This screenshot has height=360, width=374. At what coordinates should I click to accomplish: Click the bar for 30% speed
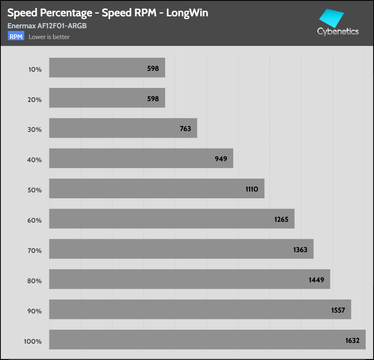click(x=123, y=128)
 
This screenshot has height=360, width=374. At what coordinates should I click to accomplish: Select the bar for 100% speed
click(x=207, y=340)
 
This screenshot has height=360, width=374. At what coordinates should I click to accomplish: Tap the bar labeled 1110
click(x=157, y=188)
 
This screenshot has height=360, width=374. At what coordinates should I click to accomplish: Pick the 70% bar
click(x=181, y=249)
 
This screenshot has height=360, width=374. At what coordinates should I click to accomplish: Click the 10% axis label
click(x=35, y=69)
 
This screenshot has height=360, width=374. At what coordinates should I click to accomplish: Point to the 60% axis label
click(x=35, y=220)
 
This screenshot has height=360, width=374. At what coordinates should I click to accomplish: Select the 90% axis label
click(x=35, y=311)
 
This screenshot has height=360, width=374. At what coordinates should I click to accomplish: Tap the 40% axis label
click(x=35, y=160)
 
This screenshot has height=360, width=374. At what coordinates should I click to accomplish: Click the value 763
click(x=185, y=129)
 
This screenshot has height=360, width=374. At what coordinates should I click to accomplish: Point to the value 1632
click(x=353, y=340)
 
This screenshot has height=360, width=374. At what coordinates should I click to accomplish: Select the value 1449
click(x=317, y=280)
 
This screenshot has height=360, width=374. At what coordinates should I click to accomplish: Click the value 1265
click(x=281, y=219)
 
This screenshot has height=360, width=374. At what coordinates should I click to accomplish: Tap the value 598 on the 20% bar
click(x=152, y=98)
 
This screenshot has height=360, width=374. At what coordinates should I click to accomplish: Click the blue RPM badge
click(x=16, y=37)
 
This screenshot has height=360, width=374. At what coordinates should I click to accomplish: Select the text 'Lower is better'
click(x=49, y=37)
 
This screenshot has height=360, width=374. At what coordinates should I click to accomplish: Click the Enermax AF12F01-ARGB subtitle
click(x=47, y=26)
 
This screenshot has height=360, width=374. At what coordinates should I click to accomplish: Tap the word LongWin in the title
click(x=187, y=13)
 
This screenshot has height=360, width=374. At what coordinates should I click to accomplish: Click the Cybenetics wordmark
click(x=338, y=31)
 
